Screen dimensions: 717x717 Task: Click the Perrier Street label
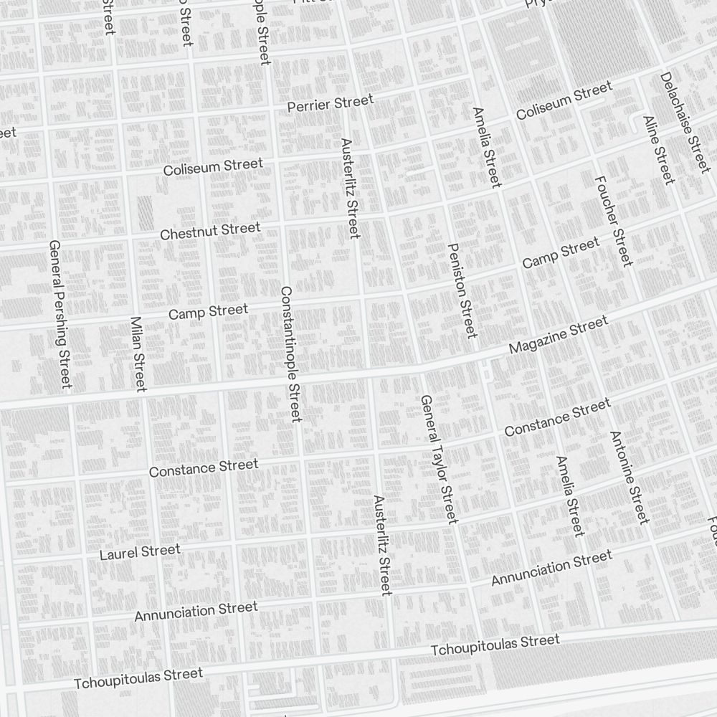330,104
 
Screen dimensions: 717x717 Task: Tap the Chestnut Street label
210,232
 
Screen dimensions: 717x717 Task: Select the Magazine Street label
558,335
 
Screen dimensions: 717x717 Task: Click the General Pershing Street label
60,314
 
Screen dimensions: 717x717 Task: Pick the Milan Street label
138,353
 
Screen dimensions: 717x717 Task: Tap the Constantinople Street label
290,353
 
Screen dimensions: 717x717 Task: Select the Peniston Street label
461,290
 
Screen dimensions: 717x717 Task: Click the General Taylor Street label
438,459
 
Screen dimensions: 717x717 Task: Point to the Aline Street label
659,149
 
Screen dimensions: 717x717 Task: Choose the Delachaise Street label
685,122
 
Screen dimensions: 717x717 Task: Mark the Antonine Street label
629,477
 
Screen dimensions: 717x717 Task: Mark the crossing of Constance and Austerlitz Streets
373,452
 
